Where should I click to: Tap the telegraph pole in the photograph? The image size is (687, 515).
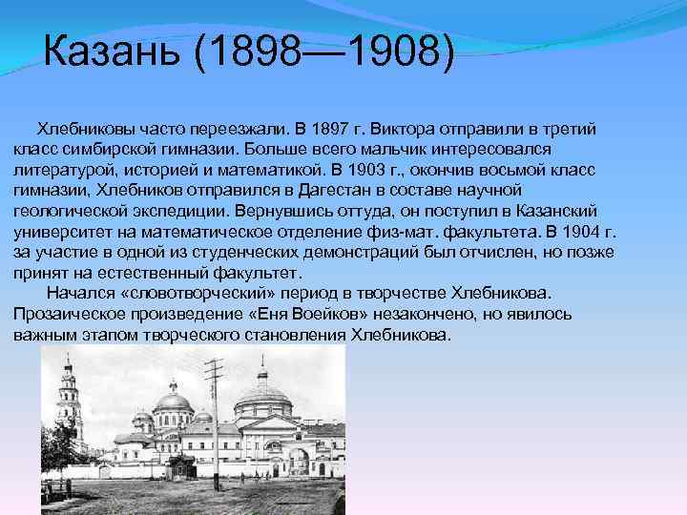point(215,420)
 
